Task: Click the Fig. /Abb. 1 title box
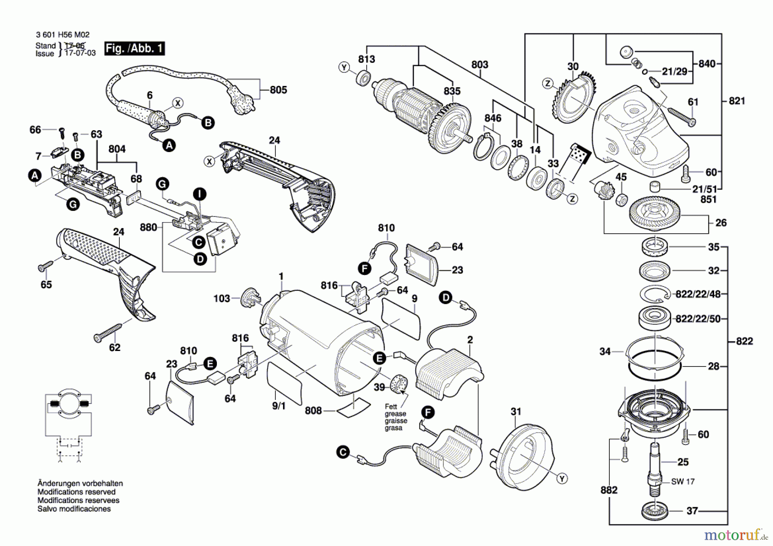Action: (x=135, y=48)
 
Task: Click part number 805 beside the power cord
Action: (x=278, y=90)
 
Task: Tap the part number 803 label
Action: (x=480, y=64)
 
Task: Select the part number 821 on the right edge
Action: (x=737, y=101)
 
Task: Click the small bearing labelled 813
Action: (x=364, y=79)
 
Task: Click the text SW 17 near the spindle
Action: (x=683, y=482)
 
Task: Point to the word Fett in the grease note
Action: (x=391, y=406)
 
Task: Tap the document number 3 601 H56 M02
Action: (x=63, y=35)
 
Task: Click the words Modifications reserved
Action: (x=76, y=492)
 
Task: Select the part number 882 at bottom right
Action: (x=609, y=490)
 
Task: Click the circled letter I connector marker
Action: (x=199, y=194)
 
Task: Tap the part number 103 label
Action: (x=222, y=298)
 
